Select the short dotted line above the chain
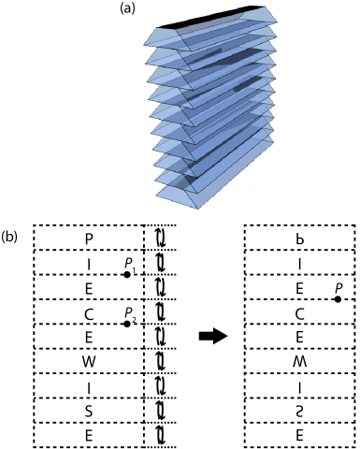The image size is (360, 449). (162, 224)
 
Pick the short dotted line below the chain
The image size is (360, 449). (162, 447)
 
